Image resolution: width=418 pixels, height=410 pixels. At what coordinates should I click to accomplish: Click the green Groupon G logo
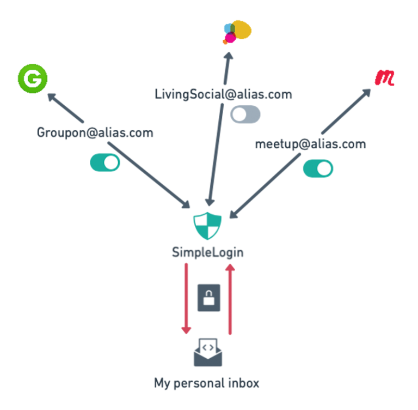(x=33, y=79)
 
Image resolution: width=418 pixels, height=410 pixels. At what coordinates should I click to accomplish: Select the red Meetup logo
(x=384, y=77)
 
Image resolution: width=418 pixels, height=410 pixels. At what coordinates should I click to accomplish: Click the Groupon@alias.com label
(x=95, y=132)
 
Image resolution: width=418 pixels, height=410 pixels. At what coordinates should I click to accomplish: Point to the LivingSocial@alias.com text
(x=223, y=94)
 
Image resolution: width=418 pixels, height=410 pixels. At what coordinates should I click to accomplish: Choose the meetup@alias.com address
(x=310, y=144)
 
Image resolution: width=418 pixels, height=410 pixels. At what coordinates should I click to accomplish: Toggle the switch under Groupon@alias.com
(x=105, y=162)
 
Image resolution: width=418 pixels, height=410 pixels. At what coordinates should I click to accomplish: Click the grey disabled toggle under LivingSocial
(x=245, y=114)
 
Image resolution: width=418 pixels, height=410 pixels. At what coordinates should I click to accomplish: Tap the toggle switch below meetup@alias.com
(x=318, y=168)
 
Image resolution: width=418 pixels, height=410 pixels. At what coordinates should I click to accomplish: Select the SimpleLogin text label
(x=207, y=252)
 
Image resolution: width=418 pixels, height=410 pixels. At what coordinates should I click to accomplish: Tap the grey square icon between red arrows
(x=208, y=298)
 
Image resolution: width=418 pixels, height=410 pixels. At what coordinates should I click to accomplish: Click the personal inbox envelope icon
(x=208, y=352)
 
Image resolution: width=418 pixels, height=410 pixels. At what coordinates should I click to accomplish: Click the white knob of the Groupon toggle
(x=111, y=162)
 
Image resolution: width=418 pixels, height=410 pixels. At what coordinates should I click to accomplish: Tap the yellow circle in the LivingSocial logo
(x=242, y=29)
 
